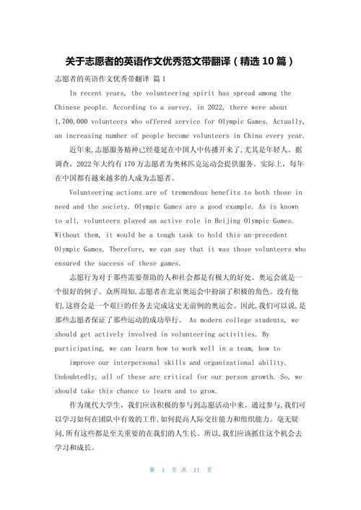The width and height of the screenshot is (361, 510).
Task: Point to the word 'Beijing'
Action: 232,221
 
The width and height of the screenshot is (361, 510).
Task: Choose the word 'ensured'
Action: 69,263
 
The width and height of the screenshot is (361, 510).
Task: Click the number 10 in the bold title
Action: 264,60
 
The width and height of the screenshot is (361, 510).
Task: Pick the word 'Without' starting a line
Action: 69,234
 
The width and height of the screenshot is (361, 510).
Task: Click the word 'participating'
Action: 84,348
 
